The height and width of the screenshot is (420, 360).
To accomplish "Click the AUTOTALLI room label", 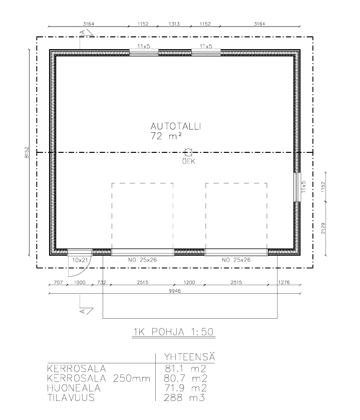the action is tap(176, 126).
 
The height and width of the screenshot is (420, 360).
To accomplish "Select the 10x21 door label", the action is tap(80, 260).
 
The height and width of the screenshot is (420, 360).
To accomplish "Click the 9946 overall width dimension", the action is tap(175, 291).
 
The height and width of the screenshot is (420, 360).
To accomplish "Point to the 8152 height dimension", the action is tap(27, 152).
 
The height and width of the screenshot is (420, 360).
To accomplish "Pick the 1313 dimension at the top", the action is tap(174, 24).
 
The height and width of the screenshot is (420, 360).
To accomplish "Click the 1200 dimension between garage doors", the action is tap(189, 282).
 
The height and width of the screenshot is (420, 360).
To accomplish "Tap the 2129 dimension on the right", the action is tap(323, 228).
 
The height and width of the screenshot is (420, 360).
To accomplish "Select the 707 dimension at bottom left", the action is tap(59, 282).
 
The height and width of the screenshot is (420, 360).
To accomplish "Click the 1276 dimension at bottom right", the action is tap(284, 282).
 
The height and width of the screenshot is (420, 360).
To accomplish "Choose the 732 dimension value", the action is tap(102, 282).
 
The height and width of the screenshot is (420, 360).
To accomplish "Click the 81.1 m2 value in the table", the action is tap(185, 368).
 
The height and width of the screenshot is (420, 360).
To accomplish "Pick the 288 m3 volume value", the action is tap(184, 397).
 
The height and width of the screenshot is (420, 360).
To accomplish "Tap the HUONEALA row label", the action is tap(74, 388).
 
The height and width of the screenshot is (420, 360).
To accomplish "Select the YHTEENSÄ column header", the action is tap(189, 357).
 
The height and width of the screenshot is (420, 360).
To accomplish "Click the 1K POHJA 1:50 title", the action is tap(173, 332).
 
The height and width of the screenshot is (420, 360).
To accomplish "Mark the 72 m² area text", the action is tap(166, 136).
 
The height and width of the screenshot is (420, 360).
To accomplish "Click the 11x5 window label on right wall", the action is tap(303, 187).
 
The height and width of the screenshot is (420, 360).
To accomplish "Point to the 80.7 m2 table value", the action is tap(185, 378).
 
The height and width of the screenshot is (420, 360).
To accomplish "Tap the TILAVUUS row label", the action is tap(71, 397).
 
